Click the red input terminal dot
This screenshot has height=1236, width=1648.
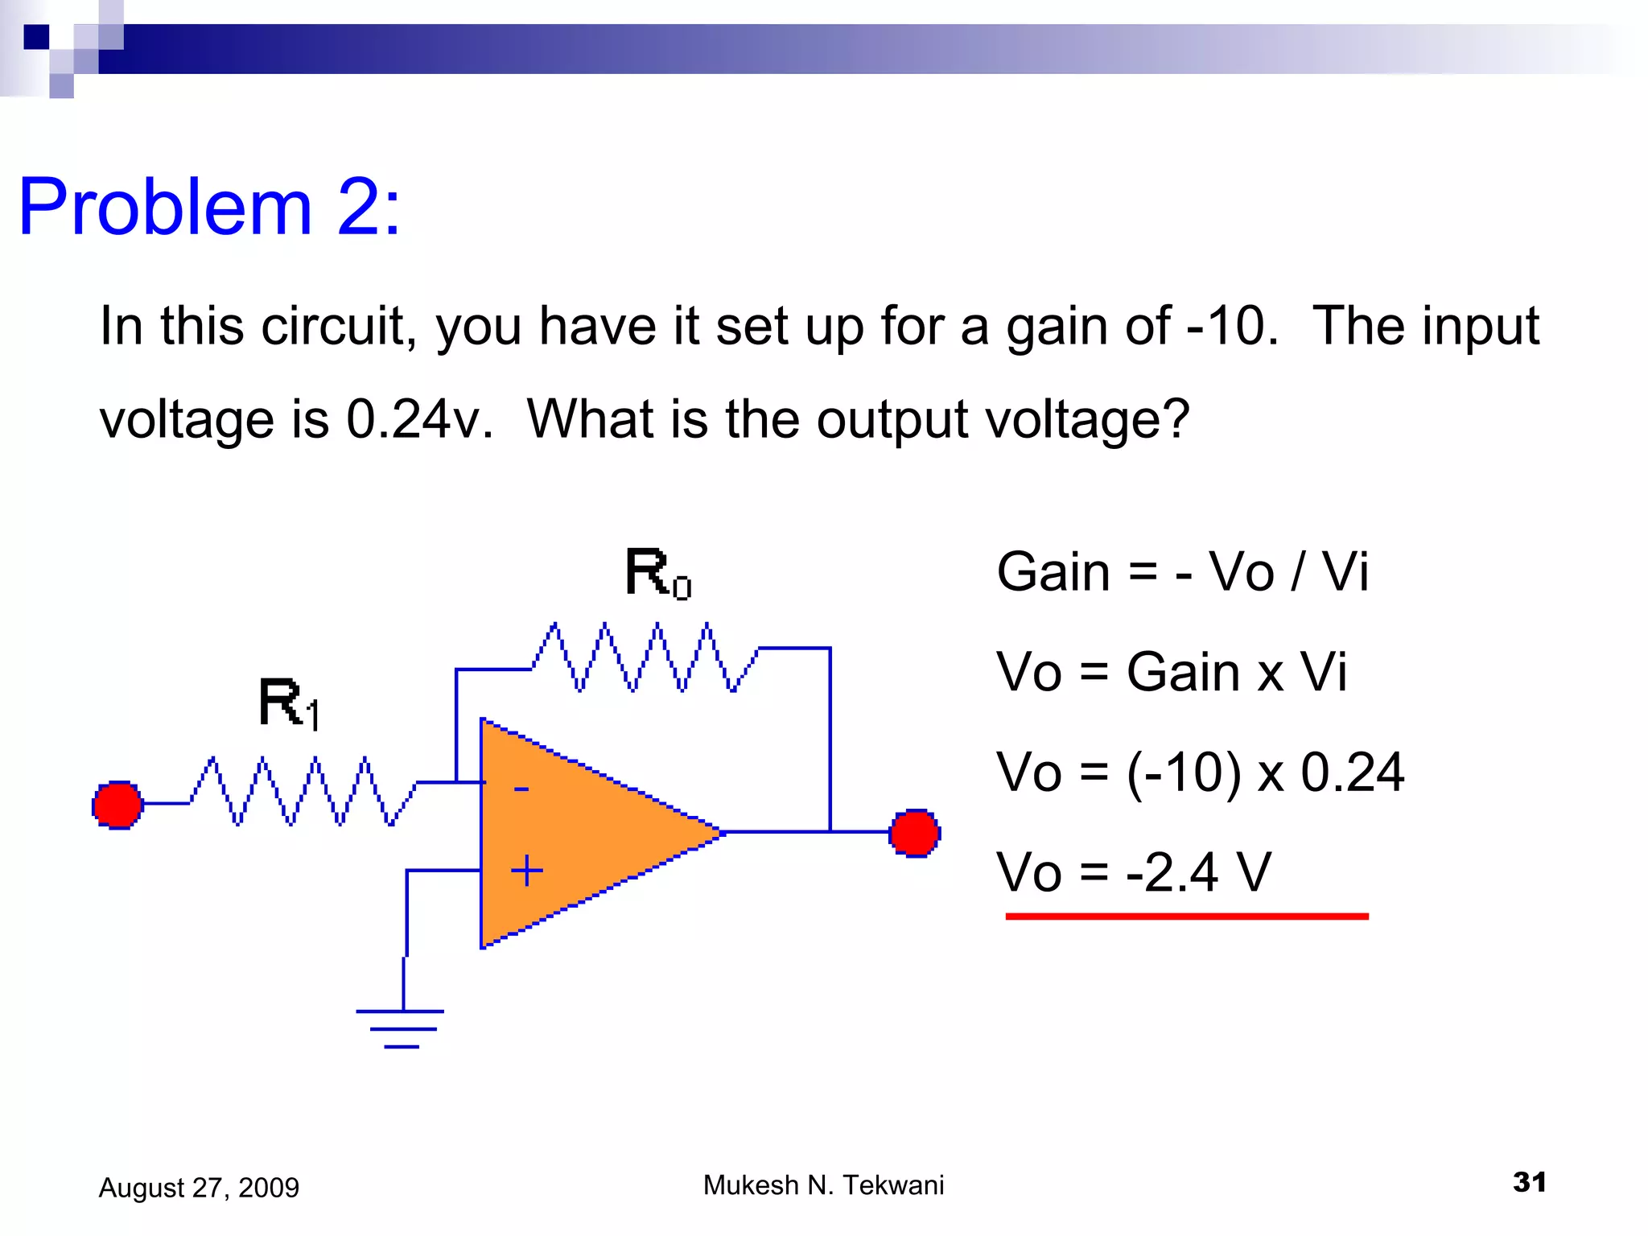click(117, 804)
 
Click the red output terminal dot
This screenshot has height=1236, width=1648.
click(915, 833)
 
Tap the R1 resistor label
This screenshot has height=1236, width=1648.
click(289, 703)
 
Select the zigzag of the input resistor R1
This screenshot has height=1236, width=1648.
click(302, 790)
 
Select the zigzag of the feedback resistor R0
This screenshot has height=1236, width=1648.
click(644, 657)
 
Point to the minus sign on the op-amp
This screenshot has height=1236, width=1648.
click(521, 789)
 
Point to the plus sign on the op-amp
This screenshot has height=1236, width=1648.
click(527, 871)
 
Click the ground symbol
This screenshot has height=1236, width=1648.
click(401, 1028)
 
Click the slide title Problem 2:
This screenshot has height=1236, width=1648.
click(209, 207)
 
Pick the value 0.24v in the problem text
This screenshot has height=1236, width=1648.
click(418, 419)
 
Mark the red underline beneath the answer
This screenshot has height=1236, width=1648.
click(1186, 916)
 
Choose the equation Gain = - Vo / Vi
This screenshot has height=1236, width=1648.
click(1181, 572)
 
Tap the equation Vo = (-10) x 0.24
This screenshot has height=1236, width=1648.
click(1200, 772)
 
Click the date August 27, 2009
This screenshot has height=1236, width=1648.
click(199, 1188)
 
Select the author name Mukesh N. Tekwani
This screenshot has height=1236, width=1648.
click(823, 1185)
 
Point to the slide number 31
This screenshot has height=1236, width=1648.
click(1529, 1182)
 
